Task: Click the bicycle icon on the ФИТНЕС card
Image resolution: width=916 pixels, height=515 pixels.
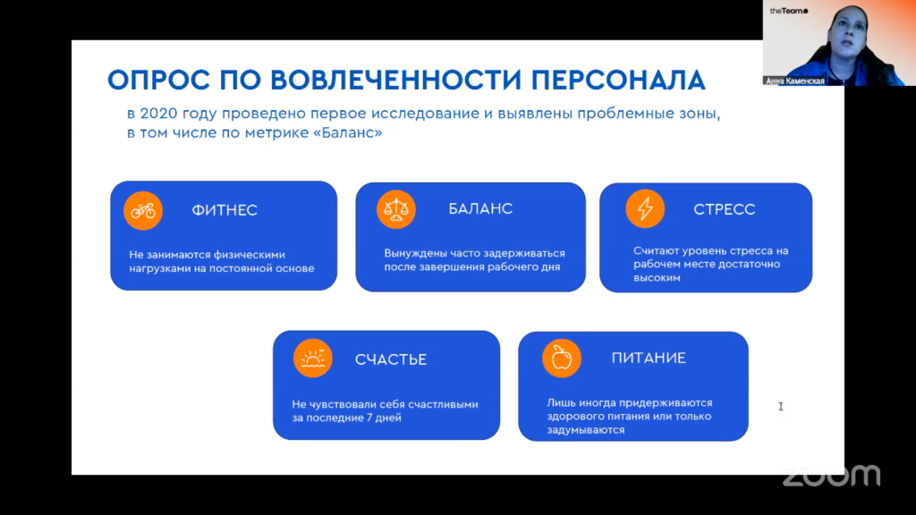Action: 143,211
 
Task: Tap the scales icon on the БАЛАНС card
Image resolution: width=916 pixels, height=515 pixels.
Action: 396,209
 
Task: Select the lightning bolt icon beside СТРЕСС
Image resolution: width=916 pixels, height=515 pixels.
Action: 645,208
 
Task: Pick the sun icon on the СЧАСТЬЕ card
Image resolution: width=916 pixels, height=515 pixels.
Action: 312,358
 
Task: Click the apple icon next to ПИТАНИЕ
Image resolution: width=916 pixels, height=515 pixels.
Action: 562,358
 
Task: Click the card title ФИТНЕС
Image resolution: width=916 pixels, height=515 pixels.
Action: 225,210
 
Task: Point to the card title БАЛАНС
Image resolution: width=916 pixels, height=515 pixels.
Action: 480,208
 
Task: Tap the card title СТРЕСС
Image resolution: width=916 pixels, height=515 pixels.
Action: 725,209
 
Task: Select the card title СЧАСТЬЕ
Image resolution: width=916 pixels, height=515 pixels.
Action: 391,359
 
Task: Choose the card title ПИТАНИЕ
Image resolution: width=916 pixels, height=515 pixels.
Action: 649,358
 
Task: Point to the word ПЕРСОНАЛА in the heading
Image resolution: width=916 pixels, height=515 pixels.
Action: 618,80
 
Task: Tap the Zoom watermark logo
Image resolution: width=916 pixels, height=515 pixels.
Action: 831,476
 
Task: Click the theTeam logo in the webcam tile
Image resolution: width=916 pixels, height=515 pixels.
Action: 789,11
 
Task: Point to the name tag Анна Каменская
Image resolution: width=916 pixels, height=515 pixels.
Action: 794,81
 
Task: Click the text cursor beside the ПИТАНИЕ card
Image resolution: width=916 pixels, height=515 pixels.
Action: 780,407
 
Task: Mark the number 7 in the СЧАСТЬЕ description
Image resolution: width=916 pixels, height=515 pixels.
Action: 369,418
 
